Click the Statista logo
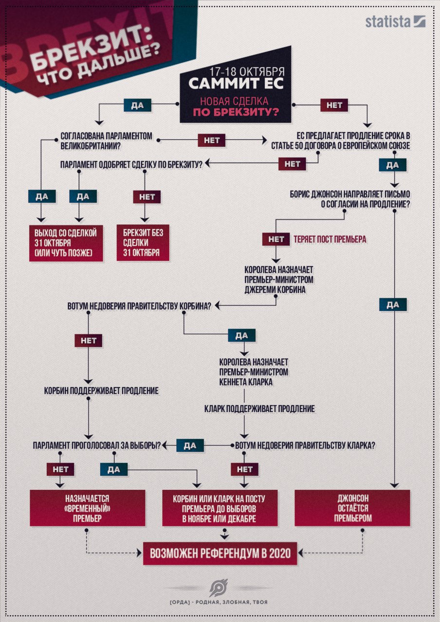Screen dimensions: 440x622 click(395, 22)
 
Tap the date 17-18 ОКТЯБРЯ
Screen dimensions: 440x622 click(247, 71)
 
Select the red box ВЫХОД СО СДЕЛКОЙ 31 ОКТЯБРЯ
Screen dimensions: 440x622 click(66, 243)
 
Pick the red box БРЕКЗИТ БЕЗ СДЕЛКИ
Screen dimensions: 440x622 click(143, 243)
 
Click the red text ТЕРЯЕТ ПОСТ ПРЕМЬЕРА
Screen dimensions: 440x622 click(330, 239)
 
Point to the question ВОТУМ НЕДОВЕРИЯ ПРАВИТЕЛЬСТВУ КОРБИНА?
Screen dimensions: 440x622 click(139, 306)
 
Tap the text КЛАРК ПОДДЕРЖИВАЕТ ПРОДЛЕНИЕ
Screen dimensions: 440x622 click(259, 409)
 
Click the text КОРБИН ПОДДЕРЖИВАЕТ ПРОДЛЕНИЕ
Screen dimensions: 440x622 click(101, 391)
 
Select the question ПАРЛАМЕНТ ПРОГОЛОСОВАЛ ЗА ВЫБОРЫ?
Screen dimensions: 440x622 click(97, 446)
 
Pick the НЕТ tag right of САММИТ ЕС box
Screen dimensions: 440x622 click(334, 105)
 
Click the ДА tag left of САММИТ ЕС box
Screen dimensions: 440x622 click(137, 105)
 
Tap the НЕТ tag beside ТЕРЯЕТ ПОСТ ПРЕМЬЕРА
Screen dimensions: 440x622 click(276, 239)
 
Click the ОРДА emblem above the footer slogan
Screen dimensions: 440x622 click(219, 588)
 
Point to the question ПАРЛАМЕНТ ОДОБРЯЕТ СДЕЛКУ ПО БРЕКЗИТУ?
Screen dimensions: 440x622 click(131, 164)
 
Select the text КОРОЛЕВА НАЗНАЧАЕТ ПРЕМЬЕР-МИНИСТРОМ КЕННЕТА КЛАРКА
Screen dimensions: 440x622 click(254, 372)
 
